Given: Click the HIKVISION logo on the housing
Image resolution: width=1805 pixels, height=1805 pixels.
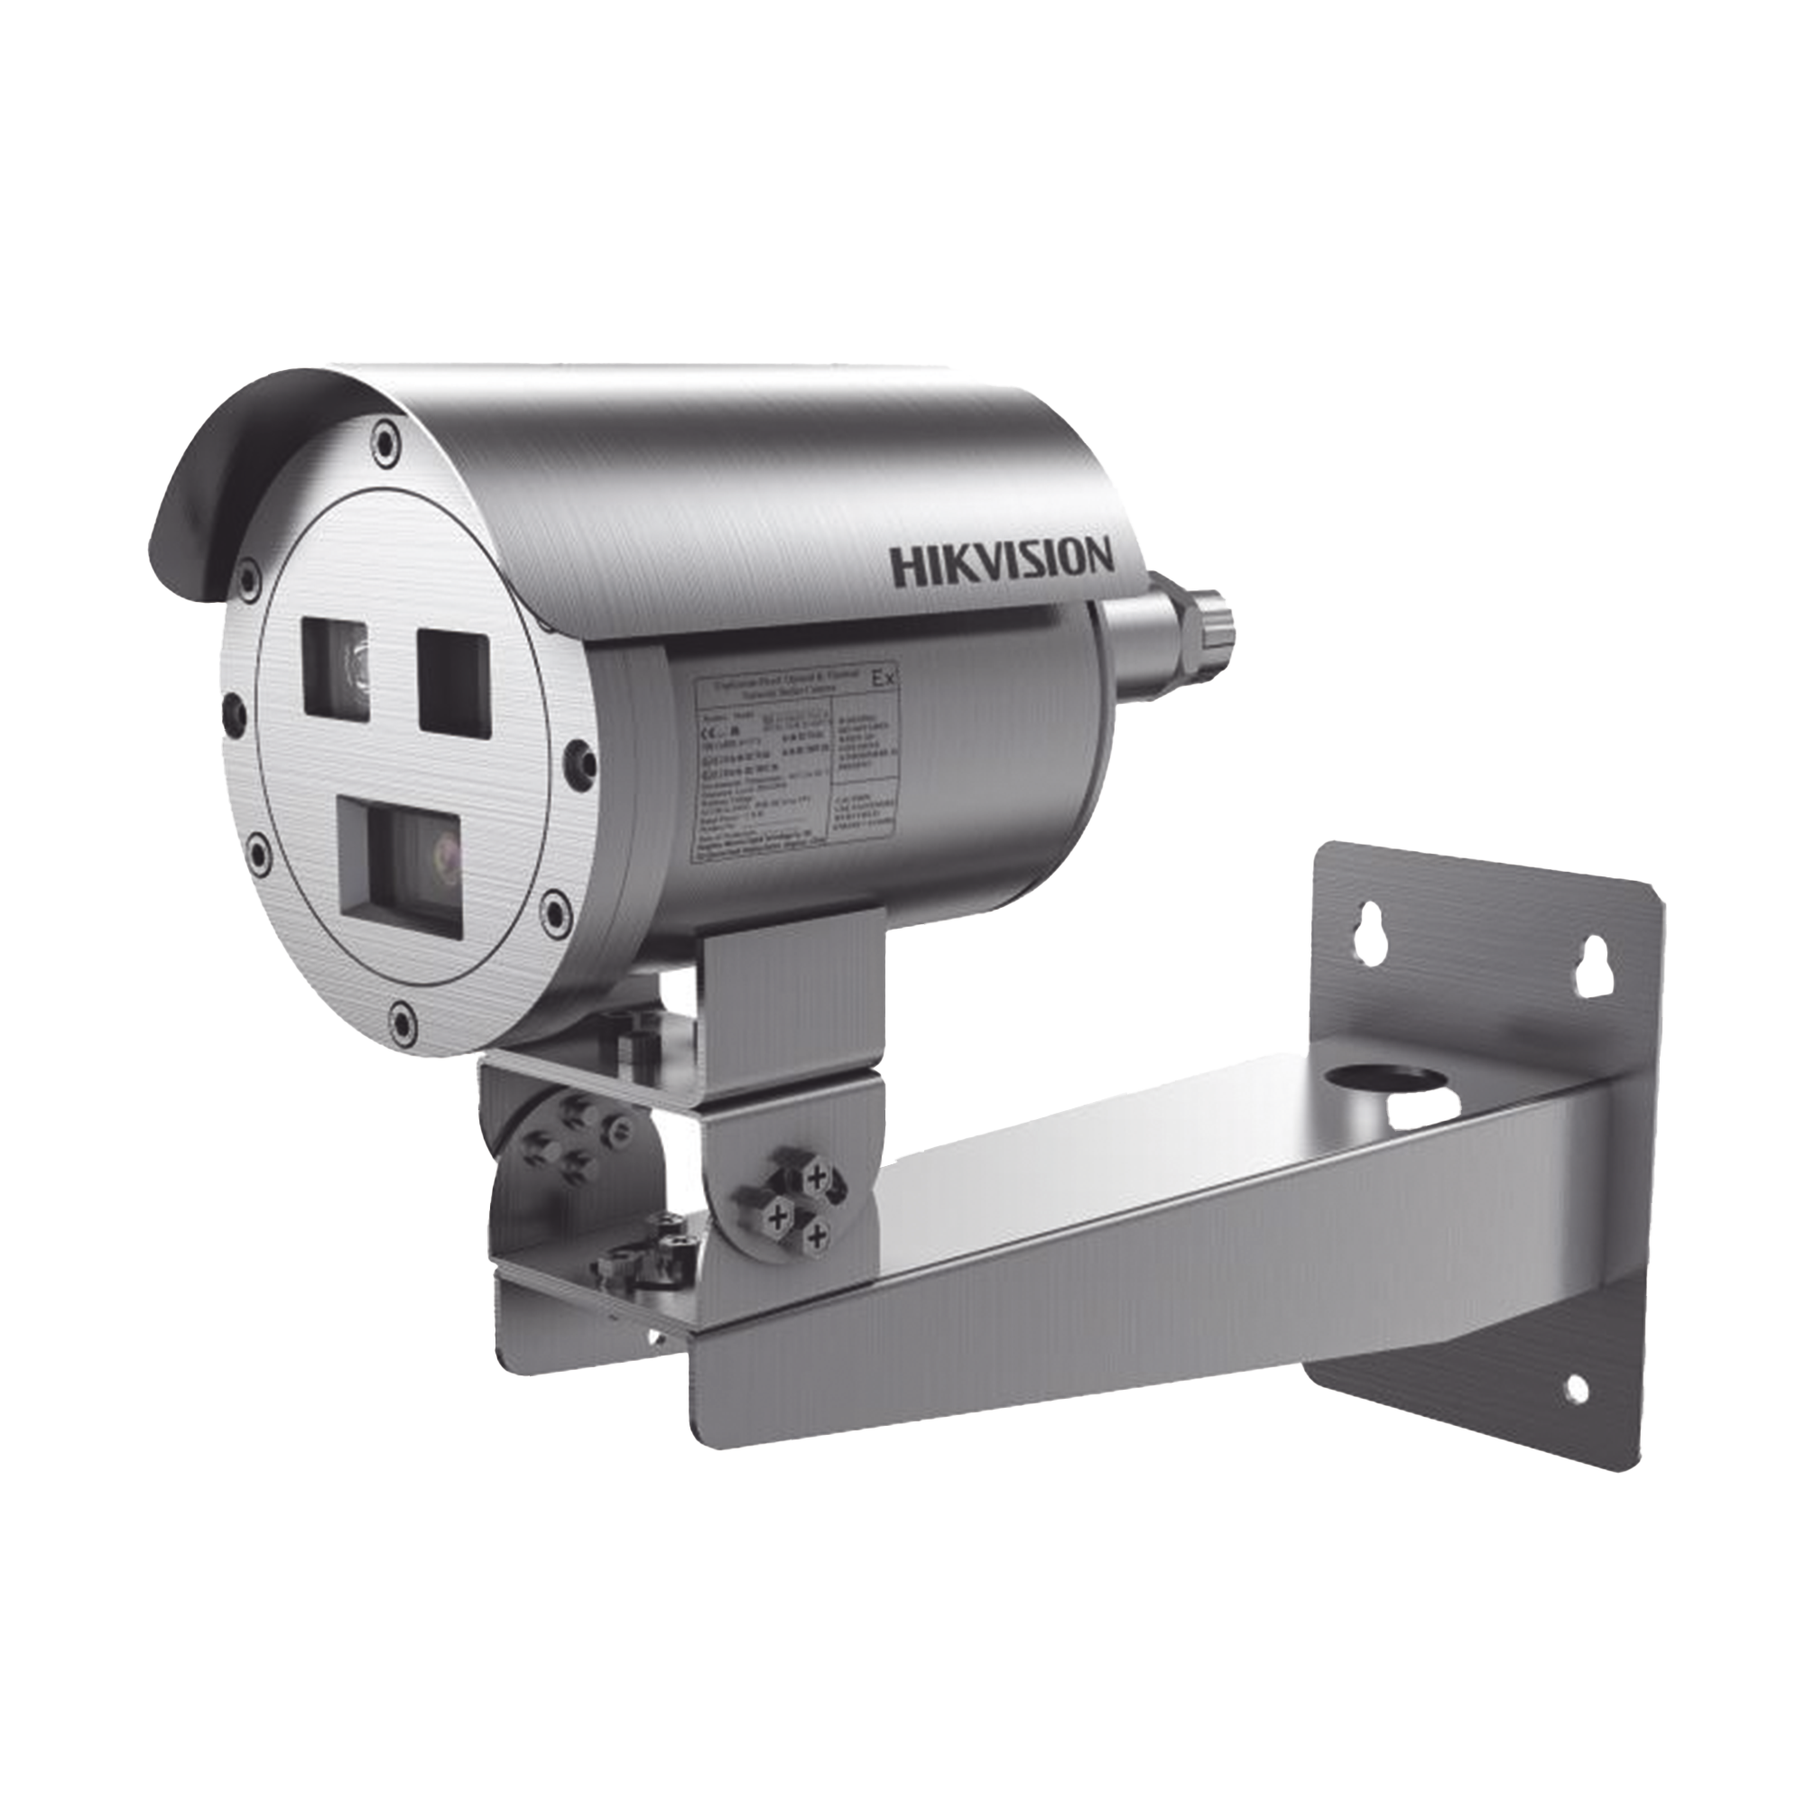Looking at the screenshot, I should [x=1002, y=562].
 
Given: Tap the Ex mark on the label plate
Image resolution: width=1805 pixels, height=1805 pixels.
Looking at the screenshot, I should [x=881, y=680].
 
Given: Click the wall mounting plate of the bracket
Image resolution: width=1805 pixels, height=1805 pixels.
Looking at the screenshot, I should [x=1486, y=1168].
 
